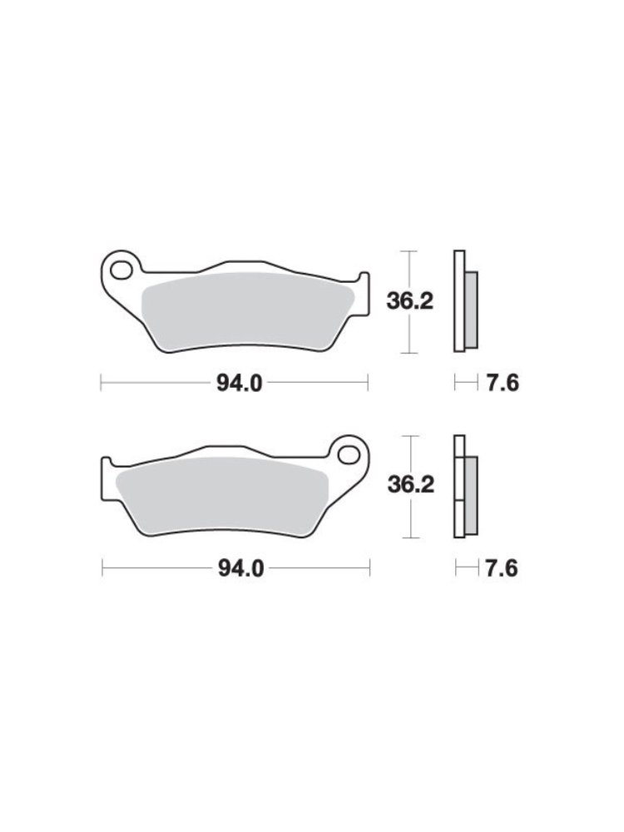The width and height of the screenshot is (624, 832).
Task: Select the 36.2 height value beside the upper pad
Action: coord(409,302)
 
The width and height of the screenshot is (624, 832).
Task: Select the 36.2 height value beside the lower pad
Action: coord(409,485)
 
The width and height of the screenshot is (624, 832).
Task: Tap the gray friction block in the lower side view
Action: coord(471,495)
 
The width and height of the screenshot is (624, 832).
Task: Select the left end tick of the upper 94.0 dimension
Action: coord(101,383)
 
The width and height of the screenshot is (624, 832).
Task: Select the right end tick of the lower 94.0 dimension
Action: coord(369,569)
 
